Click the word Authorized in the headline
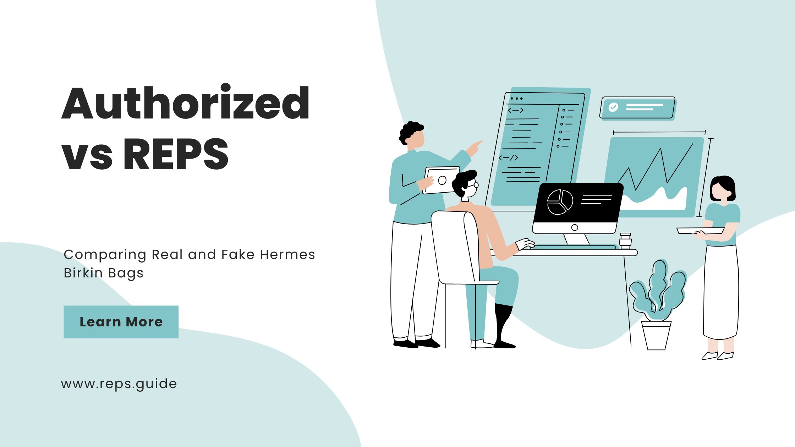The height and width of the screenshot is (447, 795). coord(185,103)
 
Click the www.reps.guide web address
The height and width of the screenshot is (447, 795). coord(119,384)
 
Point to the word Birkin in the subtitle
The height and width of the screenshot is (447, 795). coord(84,273)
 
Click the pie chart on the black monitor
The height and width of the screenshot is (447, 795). coord(560,202)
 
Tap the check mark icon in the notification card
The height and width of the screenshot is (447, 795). coord(613,107)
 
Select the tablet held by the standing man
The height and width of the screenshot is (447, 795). coord(442,180)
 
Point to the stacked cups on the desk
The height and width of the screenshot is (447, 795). coord(625,241)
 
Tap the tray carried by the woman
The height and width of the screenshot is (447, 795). coord(700,231)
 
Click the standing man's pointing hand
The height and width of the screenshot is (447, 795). coord(475,149)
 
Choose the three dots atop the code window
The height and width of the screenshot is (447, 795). coord(516,98)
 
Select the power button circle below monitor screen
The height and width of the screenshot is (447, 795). coord(575,227)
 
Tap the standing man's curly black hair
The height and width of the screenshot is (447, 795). coord(411,132)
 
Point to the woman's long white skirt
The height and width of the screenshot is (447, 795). coord(721,292)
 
